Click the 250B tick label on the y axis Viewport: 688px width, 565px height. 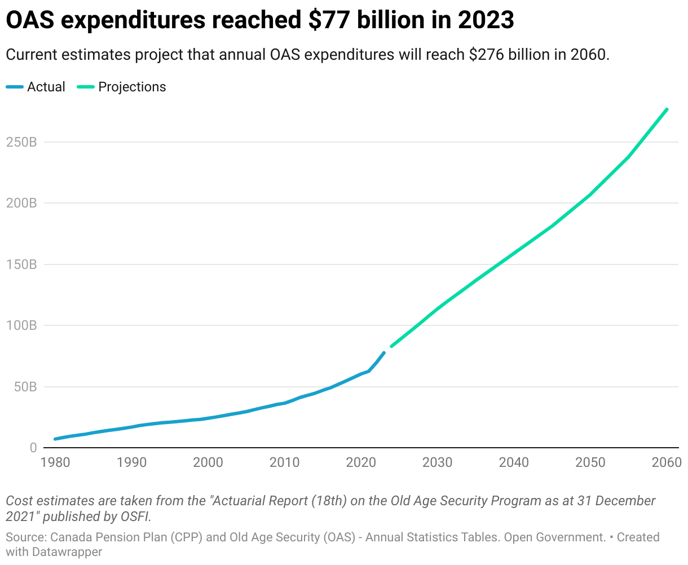(21, 142)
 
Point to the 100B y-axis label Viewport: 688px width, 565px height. (21, 326)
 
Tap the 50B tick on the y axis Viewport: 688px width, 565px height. (25, 387)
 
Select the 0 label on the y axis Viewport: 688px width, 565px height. (33, 448)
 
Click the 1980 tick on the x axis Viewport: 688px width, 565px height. (55, 463)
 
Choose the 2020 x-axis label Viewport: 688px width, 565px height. (361, 463)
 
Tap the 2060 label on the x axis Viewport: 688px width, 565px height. (667, 463)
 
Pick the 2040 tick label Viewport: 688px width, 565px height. (514, 463)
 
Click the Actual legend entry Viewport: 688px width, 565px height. (46, 87)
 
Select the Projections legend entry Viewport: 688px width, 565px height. (132, 87)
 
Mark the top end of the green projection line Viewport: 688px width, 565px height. (667, 109)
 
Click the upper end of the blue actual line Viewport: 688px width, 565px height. (384, 353)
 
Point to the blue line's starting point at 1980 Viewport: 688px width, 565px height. (55, 439)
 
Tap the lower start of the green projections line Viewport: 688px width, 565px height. (391, 346)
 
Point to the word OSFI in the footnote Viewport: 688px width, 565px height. (136, 516)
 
